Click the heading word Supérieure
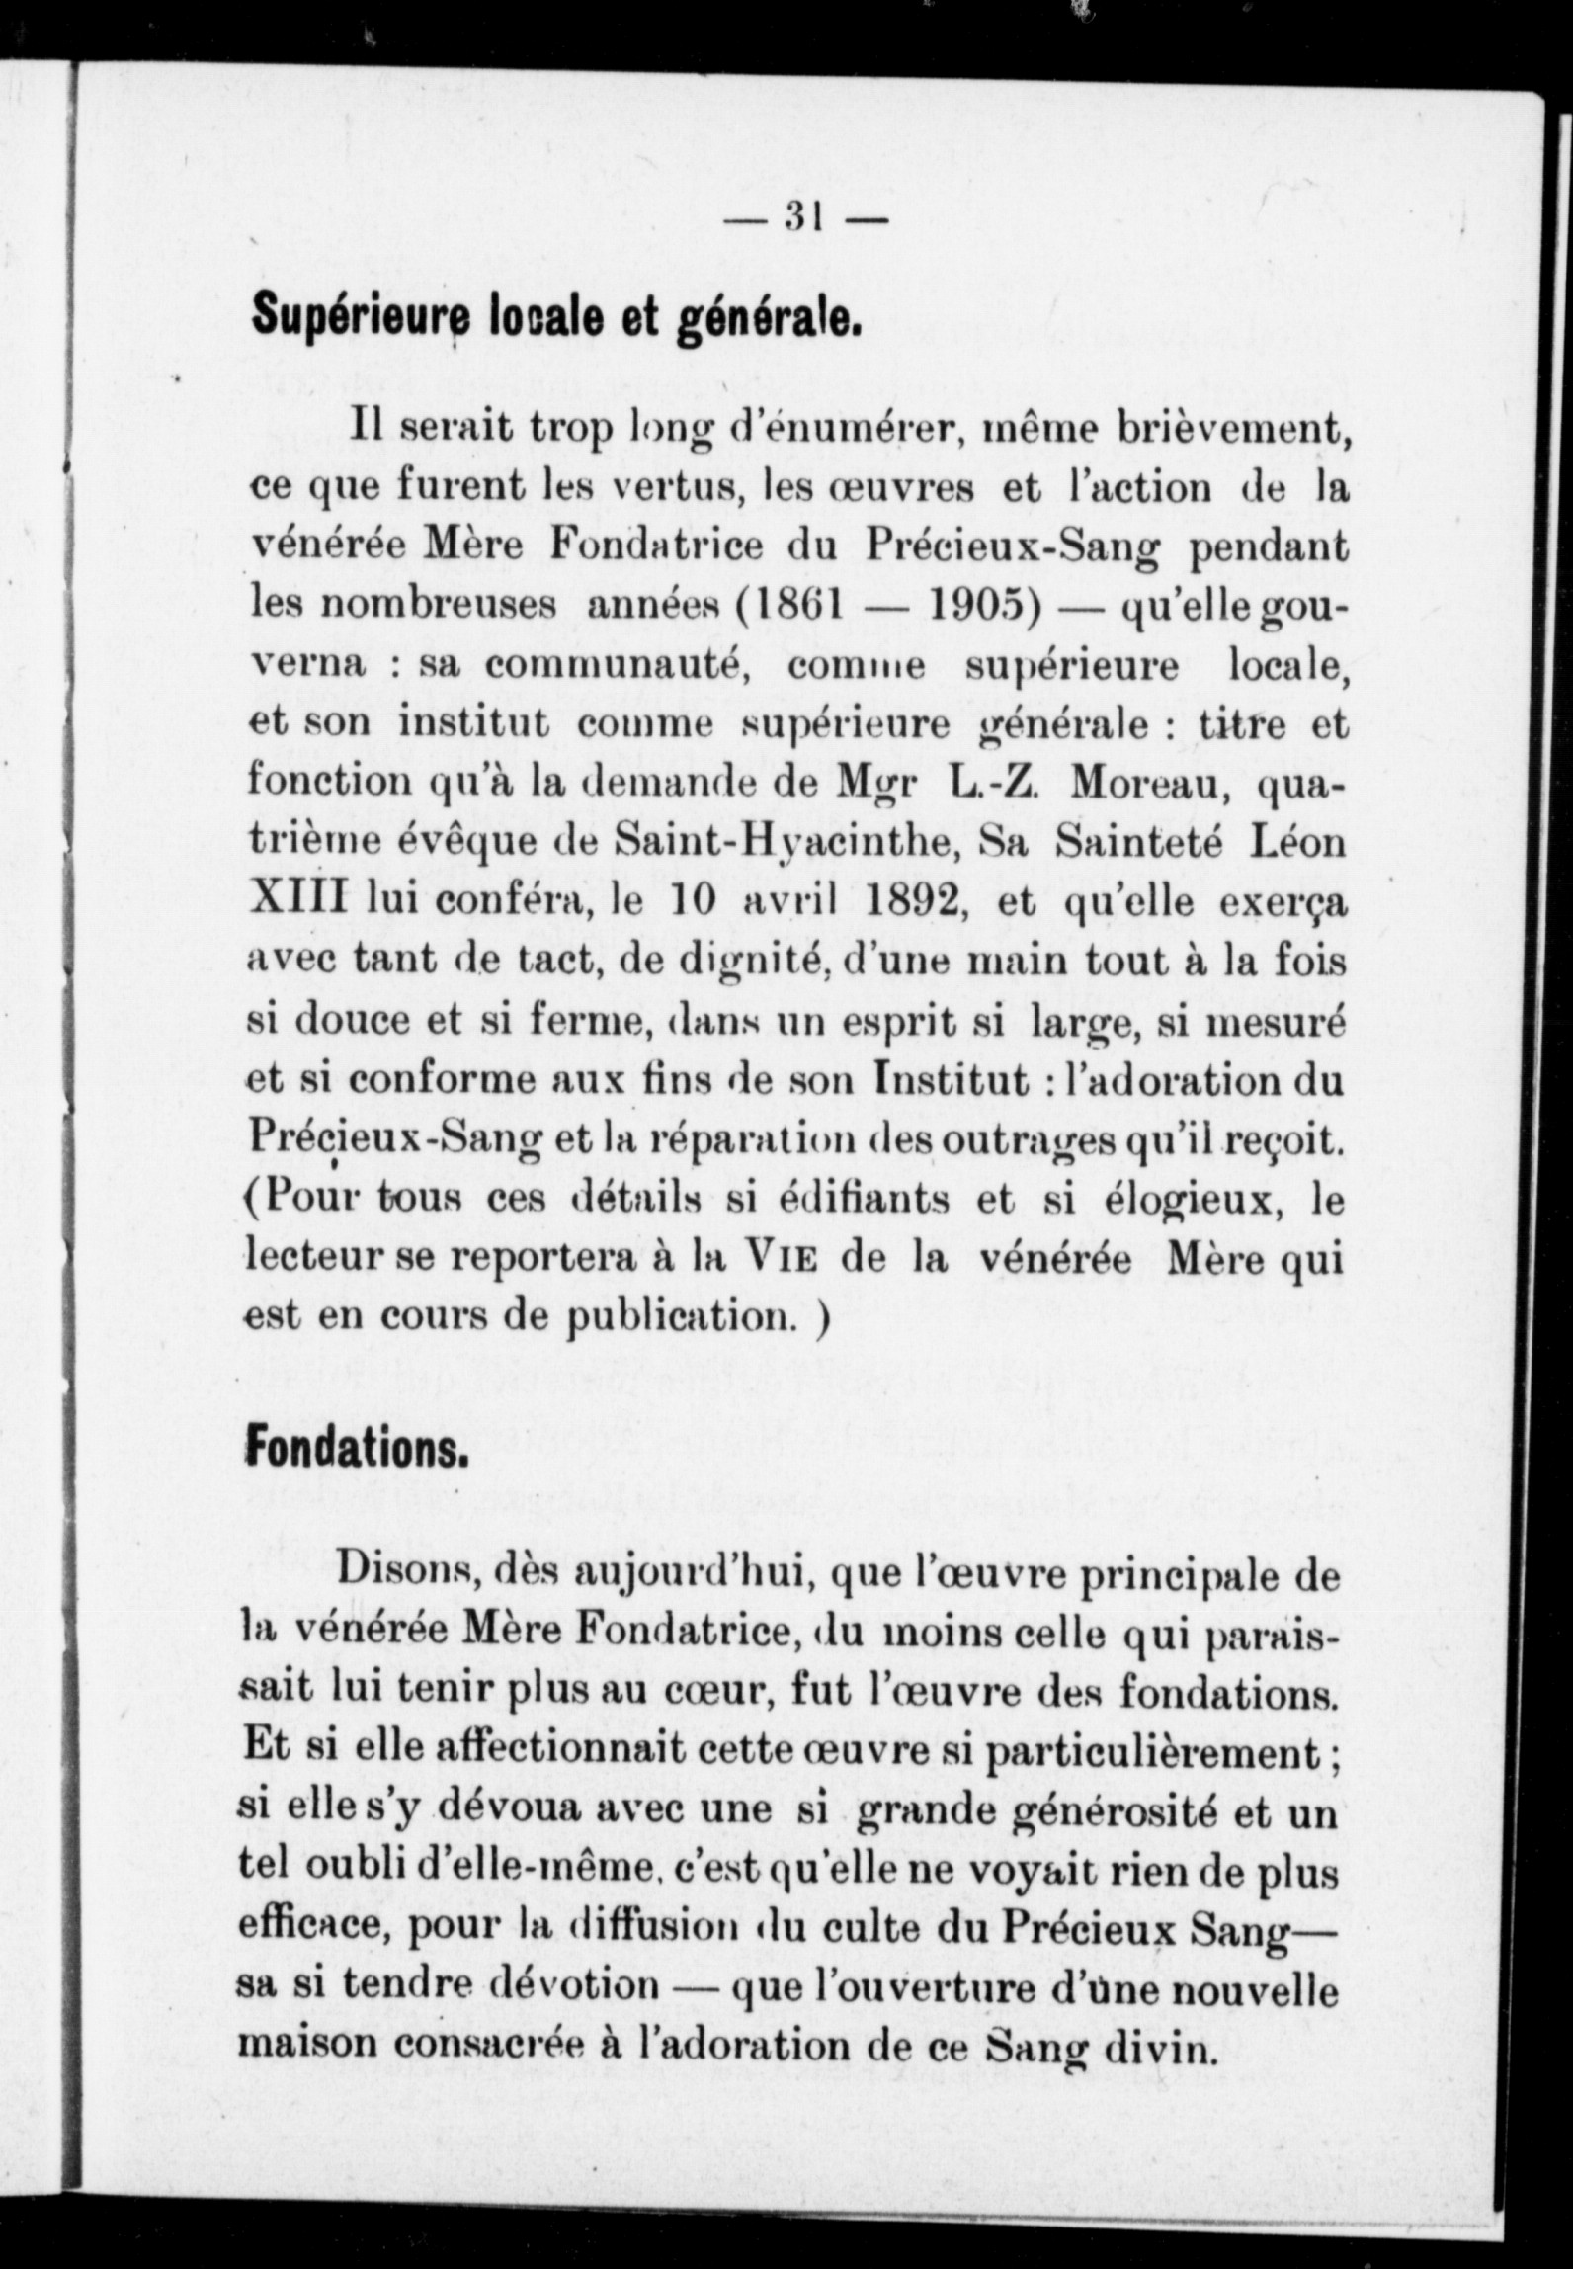(355, 318)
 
